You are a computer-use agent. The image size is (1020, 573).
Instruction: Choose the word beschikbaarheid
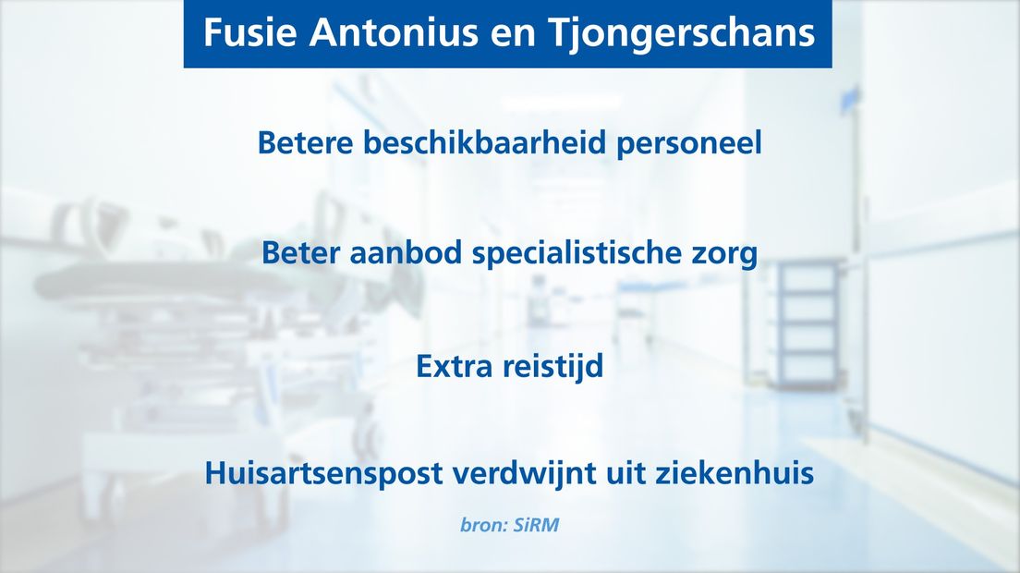(x=485, y=142)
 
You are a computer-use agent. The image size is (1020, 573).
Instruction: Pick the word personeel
(x=689, y=144)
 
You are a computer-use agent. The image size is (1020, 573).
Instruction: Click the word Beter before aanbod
(x=300, y=253)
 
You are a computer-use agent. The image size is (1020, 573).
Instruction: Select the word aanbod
(x=406, y=252)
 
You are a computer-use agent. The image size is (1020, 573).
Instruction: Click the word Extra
(x=454, y=366)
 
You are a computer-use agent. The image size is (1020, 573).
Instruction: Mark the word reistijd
(x=552, y=367)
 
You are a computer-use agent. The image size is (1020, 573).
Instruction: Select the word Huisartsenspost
(x=324, y=473)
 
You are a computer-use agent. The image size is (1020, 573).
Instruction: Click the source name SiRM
(x=535, y=525)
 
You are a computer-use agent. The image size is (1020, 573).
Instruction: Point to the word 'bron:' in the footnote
(x=483, y=525)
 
